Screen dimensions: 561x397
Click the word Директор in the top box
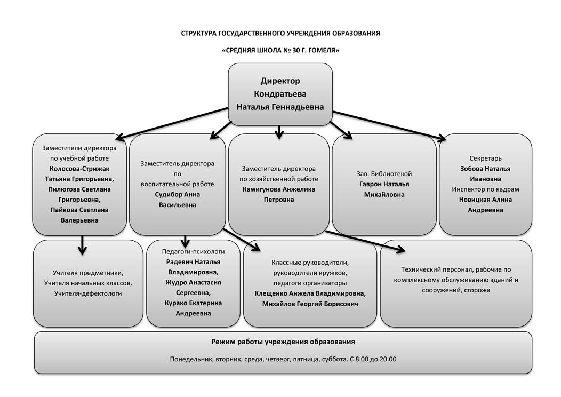(280, 81)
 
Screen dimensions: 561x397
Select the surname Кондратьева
(280, 94)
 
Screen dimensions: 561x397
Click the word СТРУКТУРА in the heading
(198, 33)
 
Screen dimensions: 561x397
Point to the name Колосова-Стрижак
(79, 169)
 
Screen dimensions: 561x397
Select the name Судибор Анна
(178, 194)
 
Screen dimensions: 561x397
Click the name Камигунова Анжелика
(279, 189)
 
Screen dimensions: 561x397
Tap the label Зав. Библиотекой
(384, 174)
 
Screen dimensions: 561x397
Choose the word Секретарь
(485, 158)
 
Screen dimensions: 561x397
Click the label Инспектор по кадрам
(485, 189)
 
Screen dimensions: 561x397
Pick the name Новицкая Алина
(485, 200)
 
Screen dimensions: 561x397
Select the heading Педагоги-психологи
(193, 252)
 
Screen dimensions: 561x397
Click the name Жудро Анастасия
(193, 282)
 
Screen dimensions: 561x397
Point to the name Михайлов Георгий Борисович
(310, 304)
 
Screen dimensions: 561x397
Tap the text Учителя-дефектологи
(88, 293)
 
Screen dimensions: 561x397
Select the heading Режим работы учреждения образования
(283, 342)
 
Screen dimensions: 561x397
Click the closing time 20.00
(388, 359)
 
